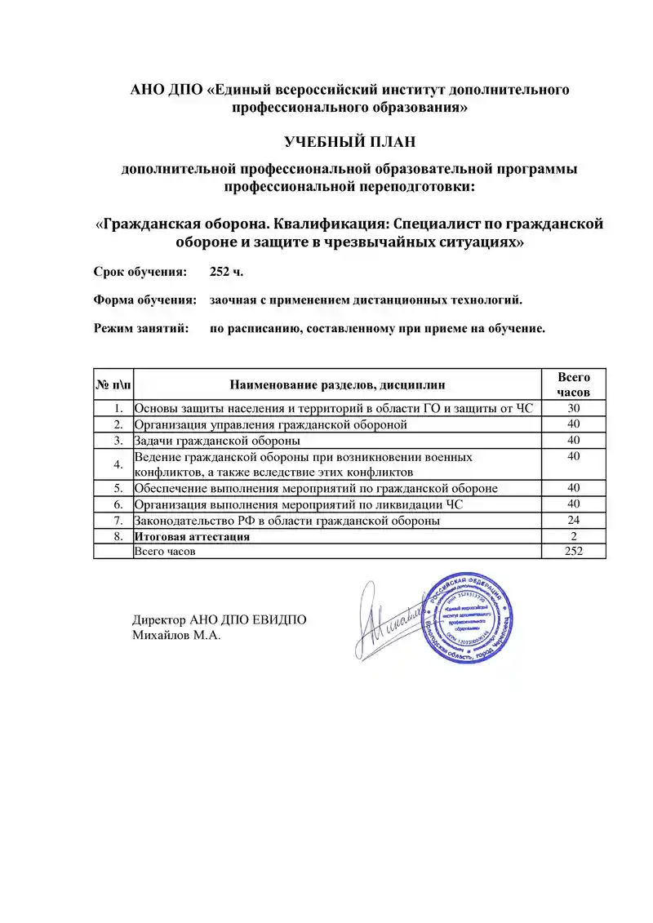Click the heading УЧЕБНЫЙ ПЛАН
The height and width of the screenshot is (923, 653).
349,142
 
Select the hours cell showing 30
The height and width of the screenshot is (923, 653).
574,408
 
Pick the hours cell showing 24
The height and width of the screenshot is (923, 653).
574,521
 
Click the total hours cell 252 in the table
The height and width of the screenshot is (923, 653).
574,552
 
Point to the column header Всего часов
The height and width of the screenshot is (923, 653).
574,384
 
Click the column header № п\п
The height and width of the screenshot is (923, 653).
112,384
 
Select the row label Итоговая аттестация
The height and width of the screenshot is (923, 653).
192,537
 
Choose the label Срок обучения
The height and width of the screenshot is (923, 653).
140,271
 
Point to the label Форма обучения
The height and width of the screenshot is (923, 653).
145,300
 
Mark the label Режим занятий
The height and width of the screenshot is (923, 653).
141,328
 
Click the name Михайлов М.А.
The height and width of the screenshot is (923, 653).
177,635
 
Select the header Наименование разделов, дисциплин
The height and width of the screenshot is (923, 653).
337,384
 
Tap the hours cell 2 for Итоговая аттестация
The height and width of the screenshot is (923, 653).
574,537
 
